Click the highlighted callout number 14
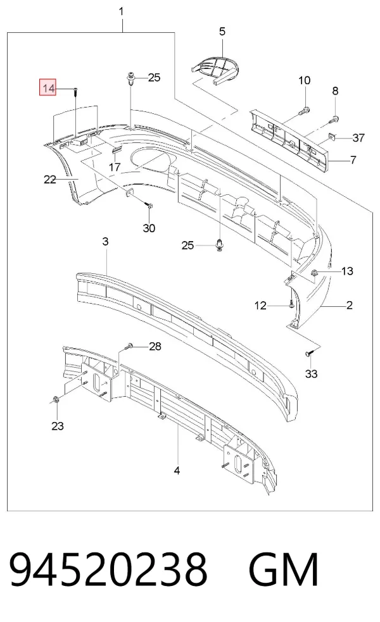click(x=48, y=88)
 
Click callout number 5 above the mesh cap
click(x=222, y=32)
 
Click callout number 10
click(x=304, y=80)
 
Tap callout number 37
click(x=358, y=138)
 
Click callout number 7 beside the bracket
click(x=353, y=160)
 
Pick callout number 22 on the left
click(x=49, y=180)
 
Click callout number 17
click(x=115, y=166)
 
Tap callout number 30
click(x=149, y=228)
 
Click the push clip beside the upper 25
click(x=131, y=78)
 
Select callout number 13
click(x=347, y=271)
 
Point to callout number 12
click(x=260, y=306)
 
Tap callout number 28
click(x=155, y=346)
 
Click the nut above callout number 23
click(x=56, y=399)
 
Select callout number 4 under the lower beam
click(x=177, y=471)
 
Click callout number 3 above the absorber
click(x=105, y=241)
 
